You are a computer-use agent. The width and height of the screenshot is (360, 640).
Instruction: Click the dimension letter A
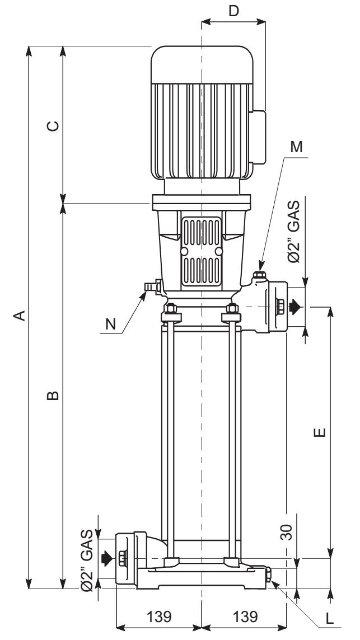pyautogui.click(x=21, y=316)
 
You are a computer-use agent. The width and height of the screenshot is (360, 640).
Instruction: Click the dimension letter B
pyautogui.click(x=52, y=396)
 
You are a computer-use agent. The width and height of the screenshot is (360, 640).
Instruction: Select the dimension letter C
pyautogui.click(x=52, y=126)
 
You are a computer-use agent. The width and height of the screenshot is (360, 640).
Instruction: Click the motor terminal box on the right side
pyautogui.click(x=257, y=137)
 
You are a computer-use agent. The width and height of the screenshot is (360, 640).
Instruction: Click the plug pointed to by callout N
pyautogui.click(x=152, y=287)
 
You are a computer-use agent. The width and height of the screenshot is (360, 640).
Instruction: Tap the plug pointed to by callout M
pyautogui.click(x=259, y=276)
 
